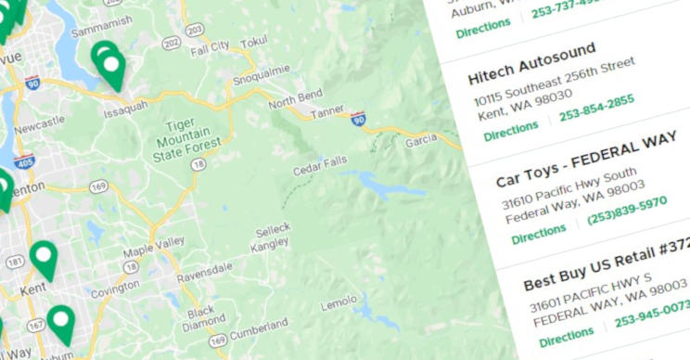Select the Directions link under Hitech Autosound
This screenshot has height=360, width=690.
click(510, 131)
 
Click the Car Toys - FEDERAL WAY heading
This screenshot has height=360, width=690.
click(586, 163)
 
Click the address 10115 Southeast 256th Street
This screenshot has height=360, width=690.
click(554, 84)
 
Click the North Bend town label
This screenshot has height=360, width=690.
click(295, 96)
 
